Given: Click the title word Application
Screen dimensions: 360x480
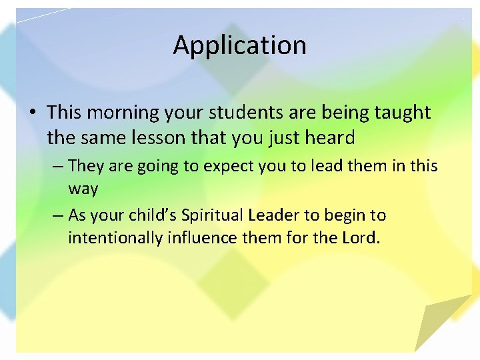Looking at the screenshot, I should point(240,45).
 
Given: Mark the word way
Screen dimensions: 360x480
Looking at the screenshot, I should point(83,189).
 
